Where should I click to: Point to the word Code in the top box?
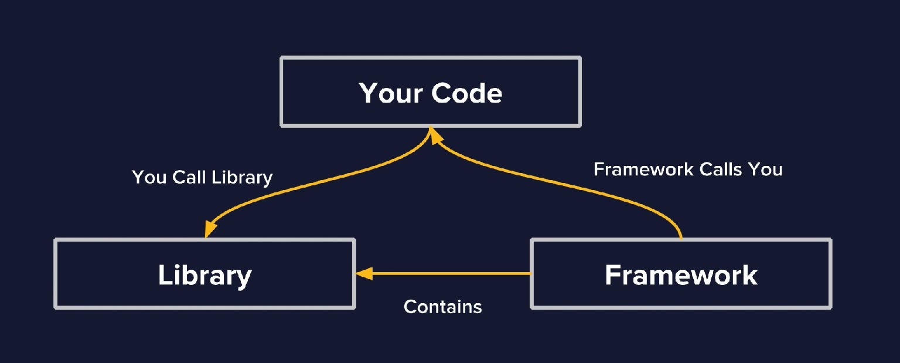[467, 93]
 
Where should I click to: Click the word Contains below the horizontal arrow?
[442, 306]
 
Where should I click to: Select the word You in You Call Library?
[149, 177]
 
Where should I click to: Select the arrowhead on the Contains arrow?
[364, 273]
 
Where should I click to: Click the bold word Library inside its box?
[204, 275]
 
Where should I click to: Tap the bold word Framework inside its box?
[681, 275]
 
